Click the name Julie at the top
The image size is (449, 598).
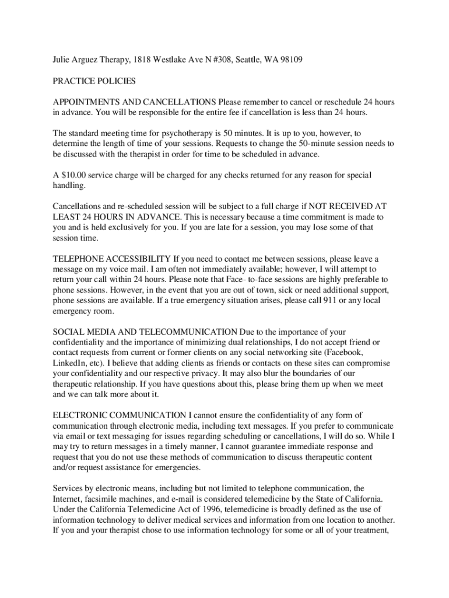tap(62, 60)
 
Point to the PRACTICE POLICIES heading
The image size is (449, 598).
tap(94, 81)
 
